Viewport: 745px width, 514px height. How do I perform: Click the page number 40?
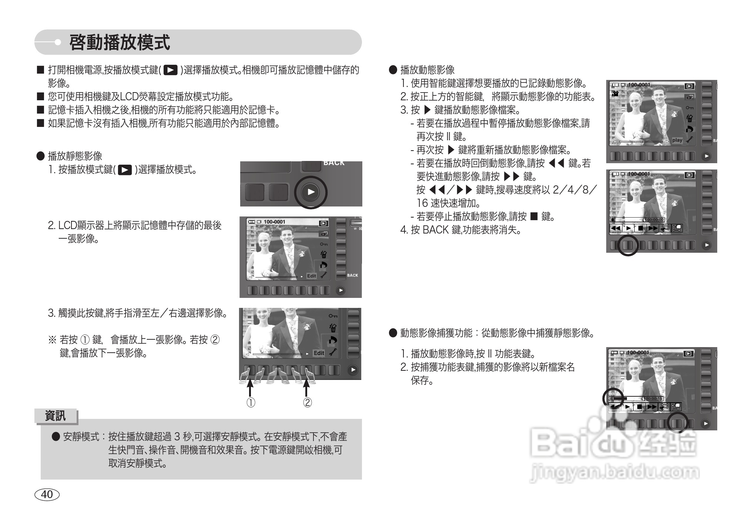(x=47, y=494)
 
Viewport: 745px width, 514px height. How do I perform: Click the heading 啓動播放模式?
(x=120, y=42)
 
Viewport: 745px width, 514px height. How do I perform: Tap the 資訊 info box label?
(x=55, y=416)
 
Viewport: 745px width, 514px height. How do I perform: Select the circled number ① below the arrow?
(x=251, y=403)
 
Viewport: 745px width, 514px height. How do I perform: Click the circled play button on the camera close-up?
(x=311, y=192)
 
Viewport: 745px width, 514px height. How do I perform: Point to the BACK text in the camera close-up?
(x=334, y=163)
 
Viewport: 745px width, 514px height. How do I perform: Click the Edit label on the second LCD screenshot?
(x=312, y=276)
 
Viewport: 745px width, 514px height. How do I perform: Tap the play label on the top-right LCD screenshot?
(x=677, y=140)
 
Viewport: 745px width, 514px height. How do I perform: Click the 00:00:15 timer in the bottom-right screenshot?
(x=654, y=399)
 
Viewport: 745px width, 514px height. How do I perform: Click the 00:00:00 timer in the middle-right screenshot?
(x=655, y=220)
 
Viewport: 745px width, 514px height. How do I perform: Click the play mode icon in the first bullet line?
(x=170, y=70)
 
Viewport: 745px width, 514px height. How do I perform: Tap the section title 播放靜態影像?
(x=75, y=156)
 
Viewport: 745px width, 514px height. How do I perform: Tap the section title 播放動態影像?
(x=427, y=70)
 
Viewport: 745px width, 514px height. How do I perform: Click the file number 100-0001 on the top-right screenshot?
(x=639, y=85)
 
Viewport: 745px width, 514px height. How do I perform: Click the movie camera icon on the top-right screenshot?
(x=615, y=94)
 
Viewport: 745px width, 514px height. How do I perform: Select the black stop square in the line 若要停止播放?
(x=534, y=216)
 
